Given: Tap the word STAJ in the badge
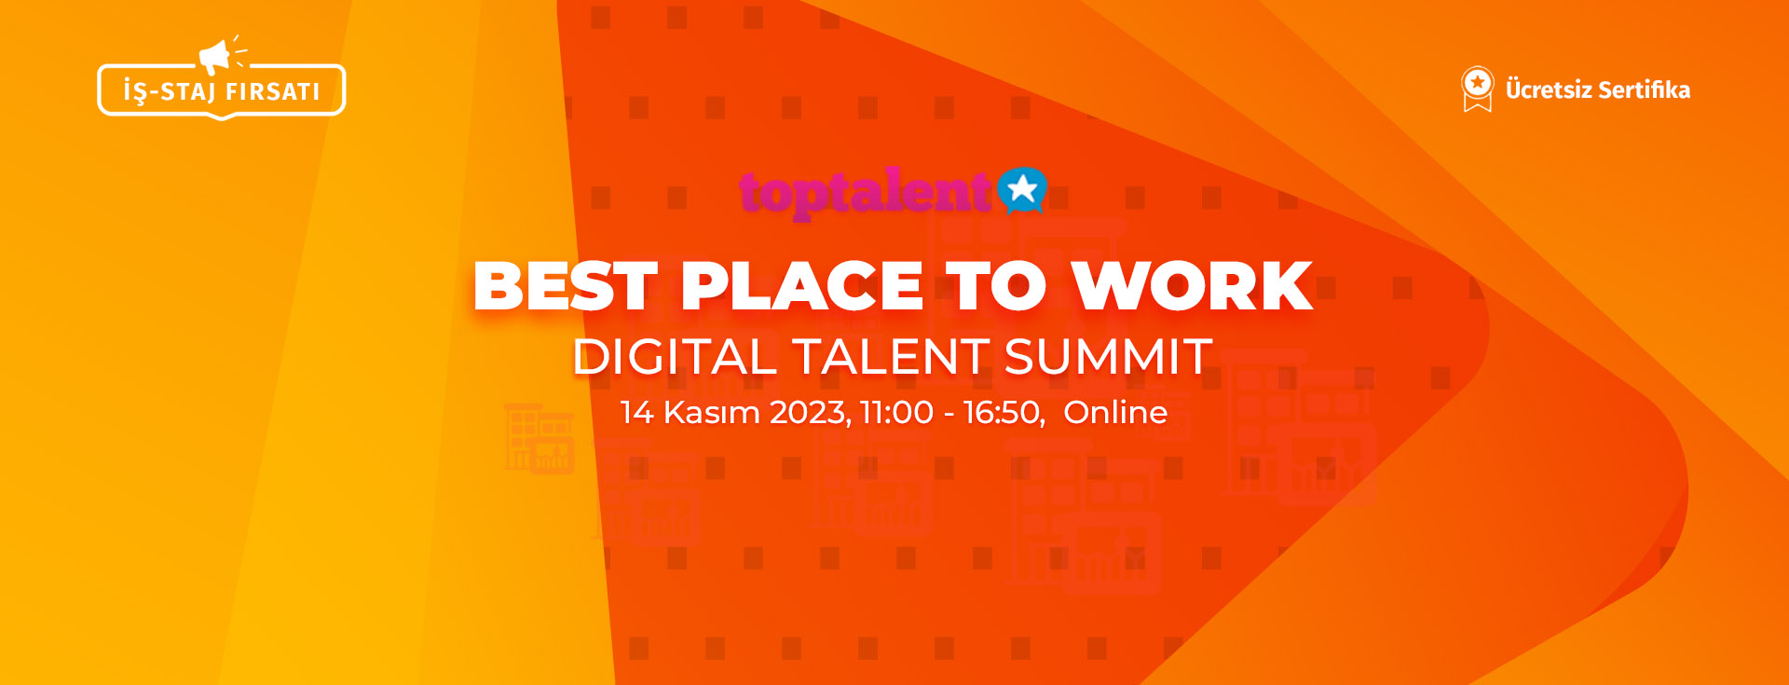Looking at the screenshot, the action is tap(188, 91).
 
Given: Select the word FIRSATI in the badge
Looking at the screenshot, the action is tap(273, 91).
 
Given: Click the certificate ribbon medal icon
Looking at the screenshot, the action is tap(1477, 89).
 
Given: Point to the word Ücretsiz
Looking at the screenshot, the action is tap(1549, 89).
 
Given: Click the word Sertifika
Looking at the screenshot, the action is tap(1645, 89).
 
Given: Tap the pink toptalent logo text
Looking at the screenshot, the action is tap(866, 193).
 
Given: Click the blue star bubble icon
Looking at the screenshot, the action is tap(1022, 191).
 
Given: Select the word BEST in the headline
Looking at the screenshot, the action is tap(566, 285).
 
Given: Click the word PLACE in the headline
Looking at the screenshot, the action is tap(801, 285).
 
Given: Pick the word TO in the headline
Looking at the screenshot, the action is tap(996, 285).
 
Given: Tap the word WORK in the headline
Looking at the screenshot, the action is tap(1192, 285).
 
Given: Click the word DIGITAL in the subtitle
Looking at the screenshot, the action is tap(676, 357).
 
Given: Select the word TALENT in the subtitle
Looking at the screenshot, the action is tap(891, 357).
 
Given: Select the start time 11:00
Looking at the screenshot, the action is tap(897, 412).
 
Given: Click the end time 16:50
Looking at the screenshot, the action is tap(1005, 413).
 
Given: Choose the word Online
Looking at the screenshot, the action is tap(1115, 412).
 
